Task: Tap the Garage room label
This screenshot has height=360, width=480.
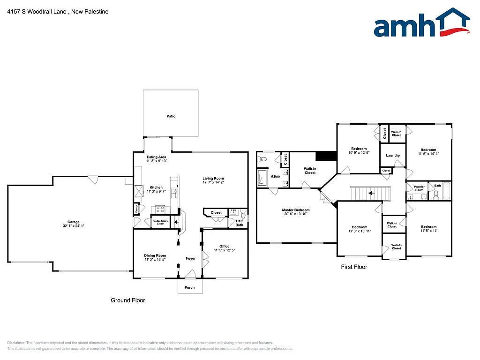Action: (x=73, y=222)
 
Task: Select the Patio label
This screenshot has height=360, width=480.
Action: (x=171, y=116)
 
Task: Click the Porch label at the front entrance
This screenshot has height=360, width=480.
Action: (x=189, y=287)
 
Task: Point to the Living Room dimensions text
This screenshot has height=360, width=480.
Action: (x=213, y=182)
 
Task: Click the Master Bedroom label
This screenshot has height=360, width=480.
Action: (x=295, y=210)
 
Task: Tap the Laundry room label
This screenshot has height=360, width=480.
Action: (x=393, y=156)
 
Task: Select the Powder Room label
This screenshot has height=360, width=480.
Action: (x=419, y=188)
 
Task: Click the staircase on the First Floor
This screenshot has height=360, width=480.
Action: (x=370, y=193)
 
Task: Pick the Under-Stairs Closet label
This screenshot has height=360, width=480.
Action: (x=160, y=222)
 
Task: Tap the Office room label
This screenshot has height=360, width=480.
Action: (x=224, y=246)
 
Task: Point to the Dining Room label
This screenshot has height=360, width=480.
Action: (x=155, y=255)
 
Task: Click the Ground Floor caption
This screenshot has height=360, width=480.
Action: (x=127, y=300)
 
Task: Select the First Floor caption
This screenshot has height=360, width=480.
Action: (x=354, y=267)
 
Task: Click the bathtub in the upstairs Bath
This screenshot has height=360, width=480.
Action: (x=446, y=193)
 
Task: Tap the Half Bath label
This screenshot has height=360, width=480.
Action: (x=240, y=223)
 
